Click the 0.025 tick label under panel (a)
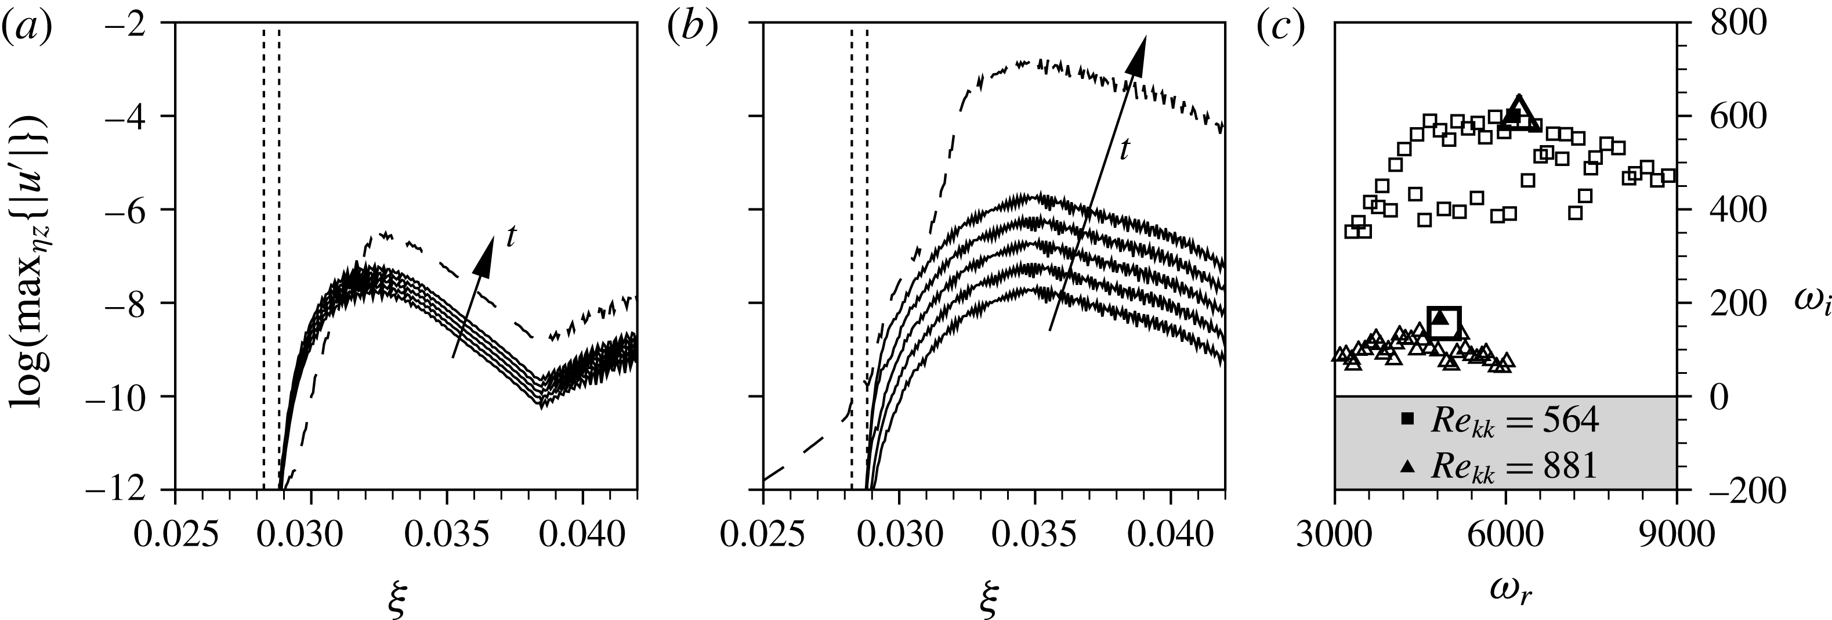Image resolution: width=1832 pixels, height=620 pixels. click(174, 535)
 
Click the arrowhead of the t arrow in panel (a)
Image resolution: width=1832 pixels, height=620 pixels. click(486, 255)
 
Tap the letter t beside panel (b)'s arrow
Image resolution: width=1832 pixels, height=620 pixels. click(1124, 149)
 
